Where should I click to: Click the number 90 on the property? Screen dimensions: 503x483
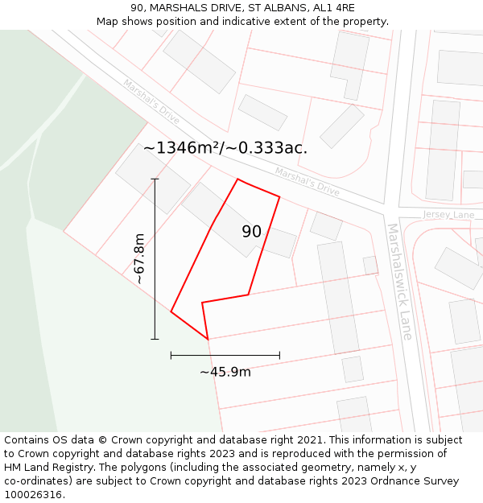(x=251, y=232)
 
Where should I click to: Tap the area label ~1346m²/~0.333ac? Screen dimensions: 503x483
(x=225, y=147)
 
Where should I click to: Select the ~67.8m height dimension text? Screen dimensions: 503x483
(x=139, y=259)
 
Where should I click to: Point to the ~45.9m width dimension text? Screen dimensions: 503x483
(x=225, y=371)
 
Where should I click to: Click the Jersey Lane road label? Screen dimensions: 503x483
(x=448, y=215)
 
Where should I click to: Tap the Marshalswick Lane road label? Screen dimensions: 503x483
(x=400, y=281)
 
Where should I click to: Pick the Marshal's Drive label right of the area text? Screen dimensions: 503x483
(x=307, y=182)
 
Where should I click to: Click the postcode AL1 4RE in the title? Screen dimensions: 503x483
(x=333, y=7)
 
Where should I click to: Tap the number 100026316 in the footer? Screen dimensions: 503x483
(x=34, y=495)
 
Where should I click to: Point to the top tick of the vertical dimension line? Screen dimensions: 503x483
(x=155, y=179)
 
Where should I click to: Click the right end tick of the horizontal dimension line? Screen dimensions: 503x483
(x=279, y=354)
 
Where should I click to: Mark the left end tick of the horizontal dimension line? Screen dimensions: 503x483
(x=171, y=354)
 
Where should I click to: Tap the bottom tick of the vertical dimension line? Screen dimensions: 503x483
(x=155, y=339)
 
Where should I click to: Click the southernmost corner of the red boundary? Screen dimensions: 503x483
(x=208, y=339)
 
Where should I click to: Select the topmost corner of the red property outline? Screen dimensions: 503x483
(x=237, y=179)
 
